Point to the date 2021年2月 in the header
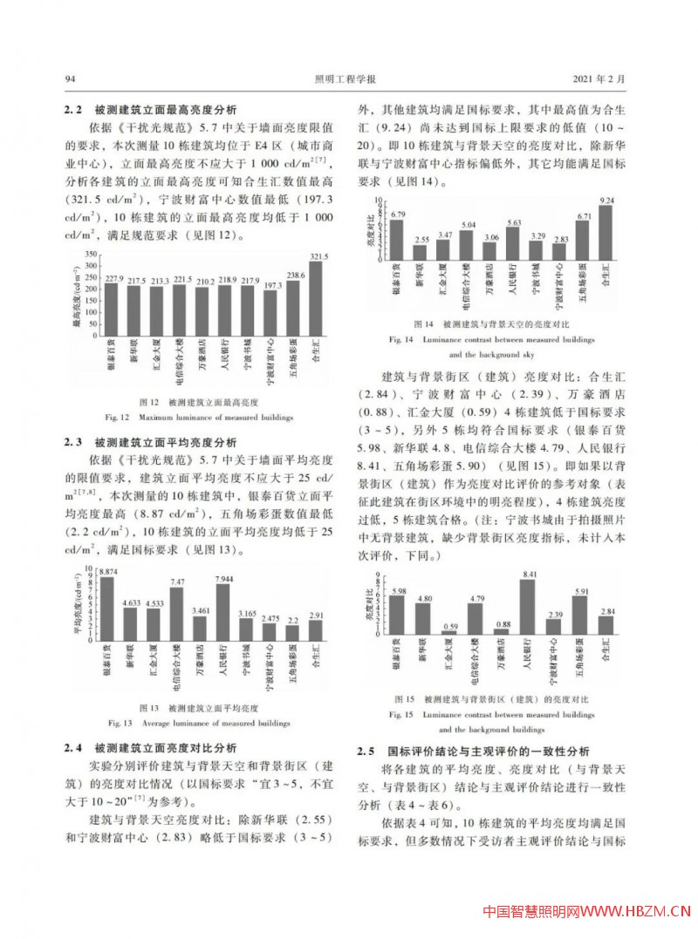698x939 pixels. pyautogui.click(x=601, y=80)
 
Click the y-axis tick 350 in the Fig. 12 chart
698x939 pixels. pyautogui.click(x=88, y=255)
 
